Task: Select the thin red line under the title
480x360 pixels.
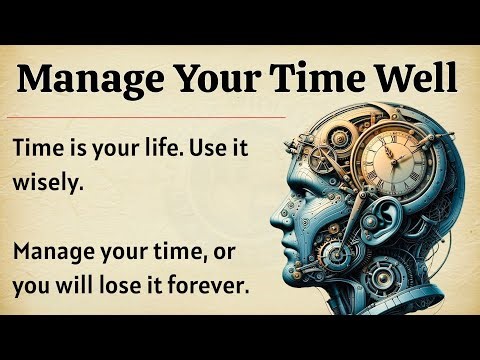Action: (x=149, y=116)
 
